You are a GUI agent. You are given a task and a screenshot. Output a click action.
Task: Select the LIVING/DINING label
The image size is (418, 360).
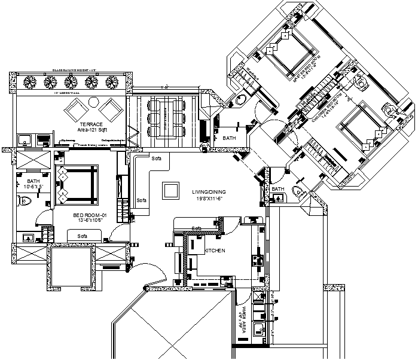[207, 192]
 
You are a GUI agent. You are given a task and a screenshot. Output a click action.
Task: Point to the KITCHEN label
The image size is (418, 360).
[215, 251]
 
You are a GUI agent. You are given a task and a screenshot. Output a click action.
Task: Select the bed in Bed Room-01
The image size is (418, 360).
[76, 185]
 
